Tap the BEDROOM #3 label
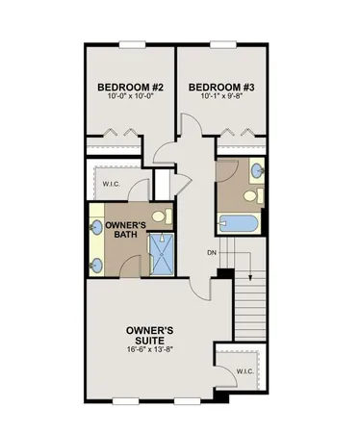pos(227,87)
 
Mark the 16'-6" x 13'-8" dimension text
pos(150,350)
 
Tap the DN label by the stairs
pos(211,253)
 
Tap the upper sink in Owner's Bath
pos(97,228)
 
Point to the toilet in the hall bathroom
pos(253,196)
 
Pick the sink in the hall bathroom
pos(259,172)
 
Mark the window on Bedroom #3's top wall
pos(223,43)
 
